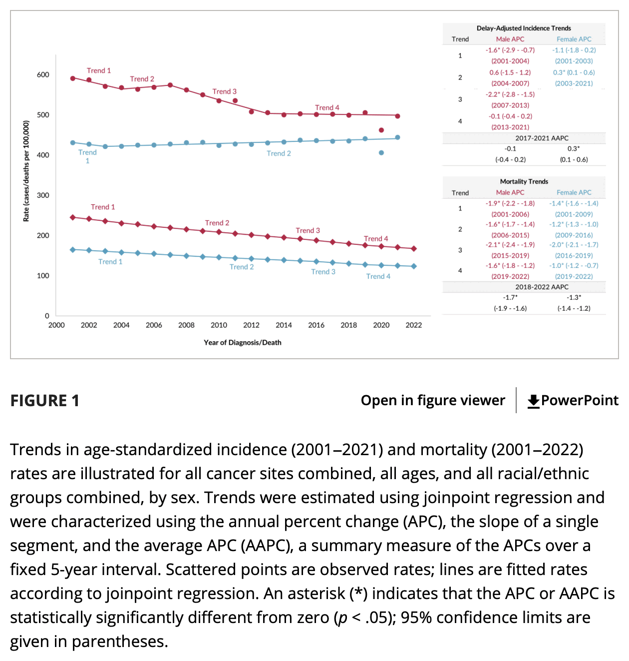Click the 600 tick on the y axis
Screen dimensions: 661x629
(43, 75)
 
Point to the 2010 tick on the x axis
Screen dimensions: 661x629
(219, 325)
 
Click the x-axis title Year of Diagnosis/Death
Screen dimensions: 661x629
(242, 343)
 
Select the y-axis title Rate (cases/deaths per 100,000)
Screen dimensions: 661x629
(26, 171)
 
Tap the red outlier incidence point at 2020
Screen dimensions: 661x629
(381, 130)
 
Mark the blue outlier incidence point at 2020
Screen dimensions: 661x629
(381, 153)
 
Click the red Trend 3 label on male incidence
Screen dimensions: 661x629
(224, 91)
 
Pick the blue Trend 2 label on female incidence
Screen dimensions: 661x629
(279, 153)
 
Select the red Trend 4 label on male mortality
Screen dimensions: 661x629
(376, 239)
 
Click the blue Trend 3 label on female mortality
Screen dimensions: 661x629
(323, 272)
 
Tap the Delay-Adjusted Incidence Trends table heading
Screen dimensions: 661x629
(524, 28)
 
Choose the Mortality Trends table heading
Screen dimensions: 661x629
(524, 182)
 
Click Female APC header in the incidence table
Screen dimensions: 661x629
(574, 39)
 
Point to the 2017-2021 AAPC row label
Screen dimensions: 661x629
(542, 138)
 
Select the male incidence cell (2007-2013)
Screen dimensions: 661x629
(510, 105)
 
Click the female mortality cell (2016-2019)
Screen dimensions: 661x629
(574, 256)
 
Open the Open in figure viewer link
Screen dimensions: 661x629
(433, 401)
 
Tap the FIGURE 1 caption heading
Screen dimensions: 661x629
(45, 401)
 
